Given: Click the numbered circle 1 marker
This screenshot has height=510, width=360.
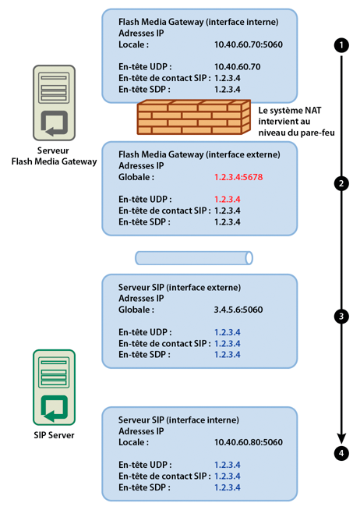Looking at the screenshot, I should click(341, 45).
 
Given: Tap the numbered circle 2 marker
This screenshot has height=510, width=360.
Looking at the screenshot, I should click(341, 183).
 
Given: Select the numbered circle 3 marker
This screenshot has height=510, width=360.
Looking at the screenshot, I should click(341, 316).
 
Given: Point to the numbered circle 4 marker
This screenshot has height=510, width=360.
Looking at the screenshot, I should click(341, 452).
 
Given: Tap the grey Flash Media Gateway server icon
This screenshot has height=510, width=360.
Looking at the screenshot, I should click(54, 101).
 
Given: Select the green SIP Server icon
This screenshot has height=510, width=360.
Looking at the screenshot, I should click(54, 385).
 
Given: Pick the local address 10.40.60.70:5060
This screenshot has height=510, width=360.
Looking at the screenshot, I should click(248, 45).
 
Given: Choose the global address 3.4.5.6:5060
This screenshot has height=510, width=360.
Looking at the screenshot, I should click(238, 310).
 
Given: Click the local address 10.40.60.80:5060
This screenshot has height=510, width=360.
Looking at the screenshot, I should click(248, 442).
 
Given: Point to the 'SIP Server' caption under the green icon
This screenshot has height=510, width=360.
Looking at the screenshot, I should click(54, 435).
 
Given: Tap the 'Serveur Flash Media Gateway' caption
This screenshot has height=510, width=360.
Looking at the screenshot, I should click(54, 156).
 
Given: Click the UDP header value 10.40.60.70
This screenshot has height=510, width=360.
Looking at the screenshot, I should click(239, 68).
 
